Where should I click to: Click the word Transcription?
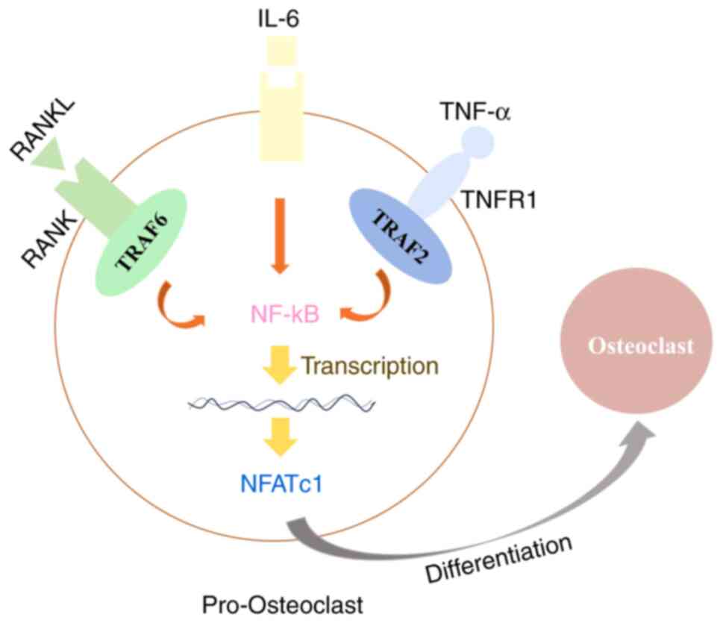369,366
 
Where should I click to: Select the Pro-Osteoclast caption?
284,603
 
